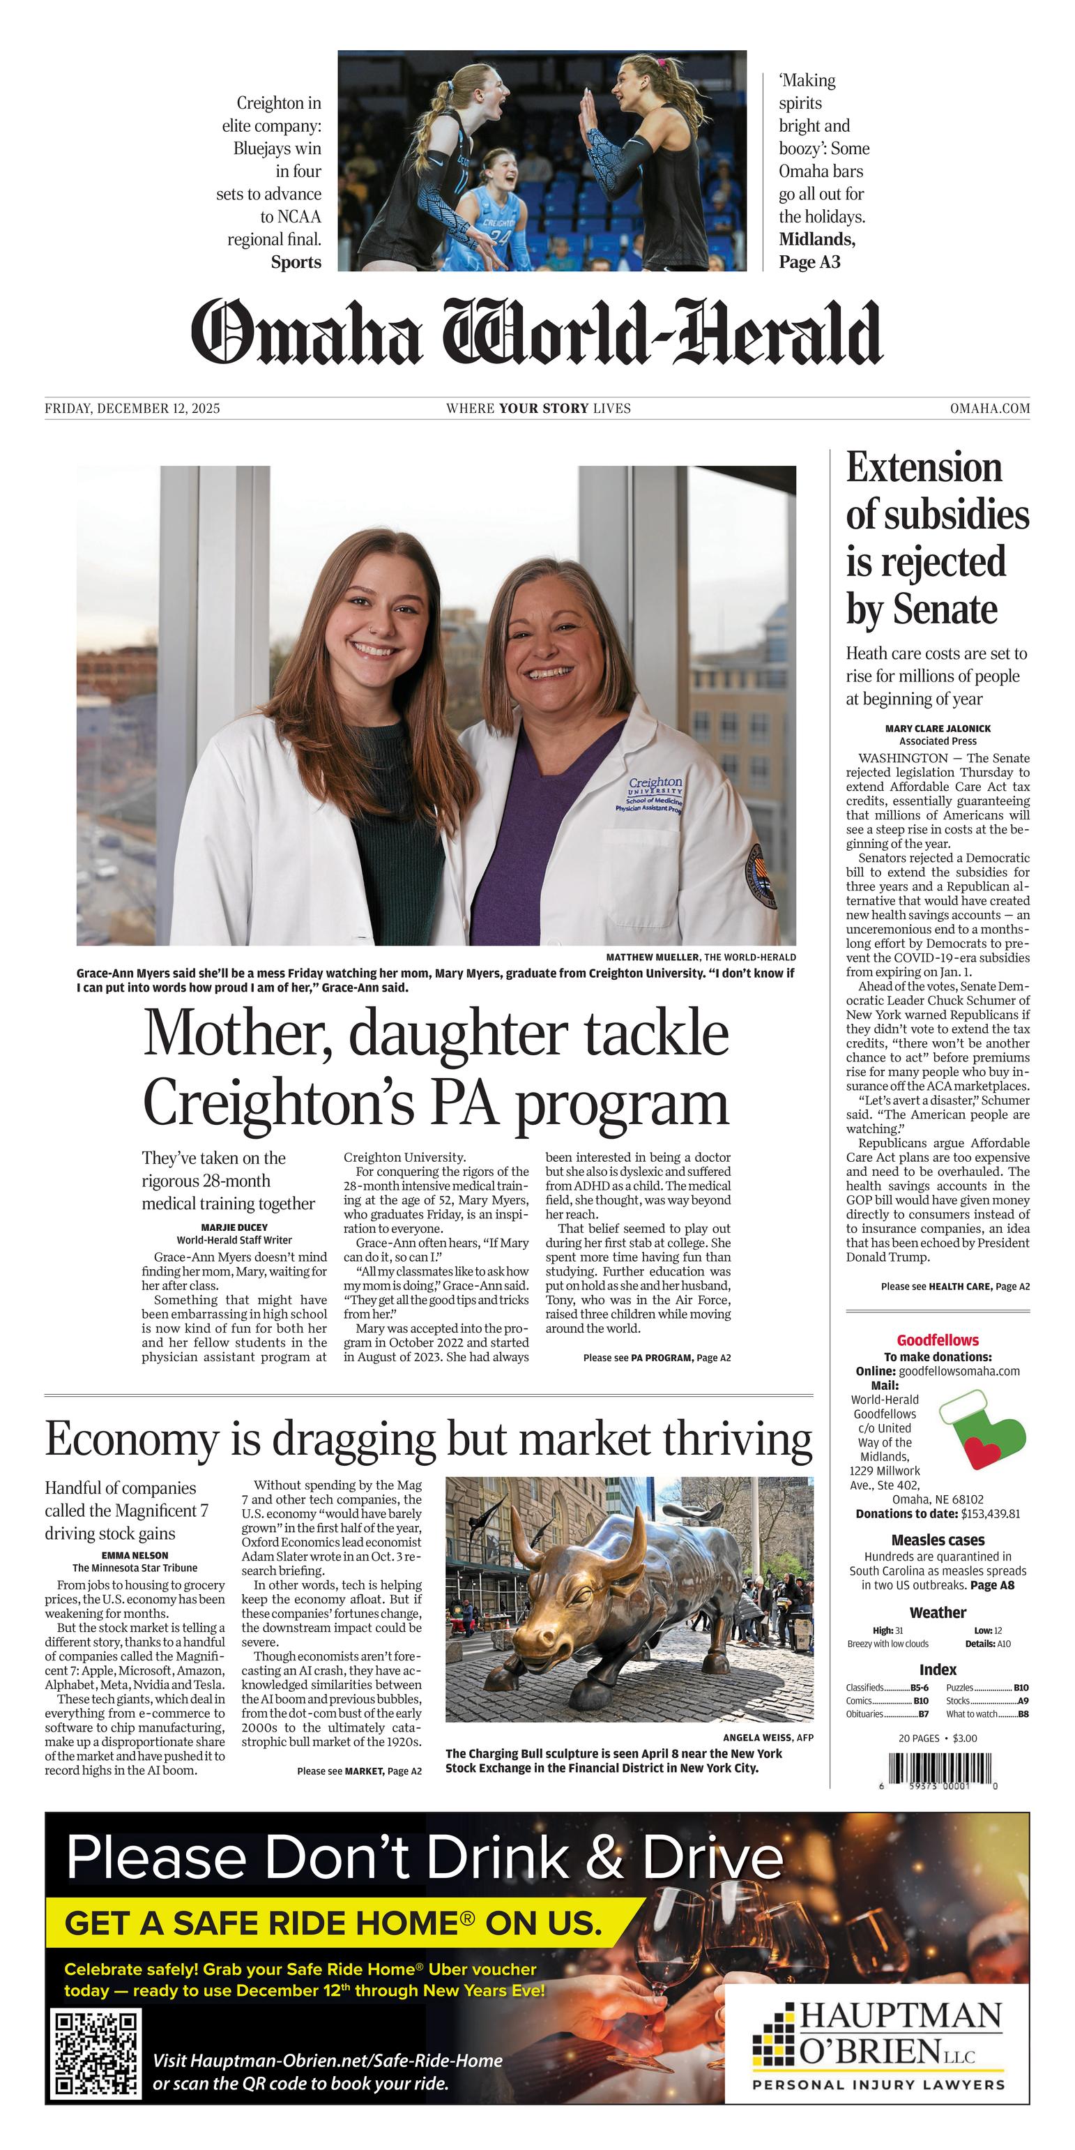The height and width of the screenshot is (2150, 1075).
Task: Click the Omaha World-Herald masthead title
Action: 537,332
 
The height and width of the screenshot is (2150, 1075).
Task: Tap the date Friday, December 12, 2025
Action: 132,408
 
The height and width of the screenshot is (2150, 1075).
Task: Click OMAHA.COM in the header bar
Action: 989,408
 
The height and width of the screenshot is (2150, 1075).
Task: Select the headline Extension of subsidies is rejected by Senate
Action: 936,538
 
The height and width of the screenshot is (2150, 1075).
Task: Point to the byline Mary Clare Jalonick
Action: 937,728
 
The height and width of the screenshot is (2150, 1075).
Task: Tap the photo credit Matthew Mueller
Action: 653,957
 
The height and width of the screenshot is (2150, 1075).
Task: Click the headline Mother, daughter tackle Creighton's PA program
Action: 436,1068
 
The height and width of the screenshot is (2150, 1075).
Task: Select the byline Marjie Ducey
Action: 234,1227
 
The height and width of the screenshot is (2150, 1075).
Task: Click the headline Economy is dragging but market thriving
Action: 428,1439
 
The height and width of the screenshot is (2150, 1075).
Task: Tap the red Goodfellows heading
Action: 937,1340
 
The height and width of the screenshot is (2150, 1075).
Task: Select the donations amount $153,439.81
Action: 990,1513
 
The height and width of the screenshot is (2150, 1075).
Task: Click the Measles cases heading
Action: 937,1540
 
